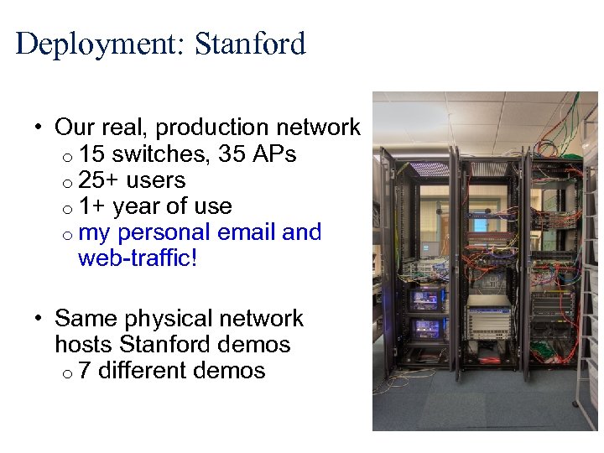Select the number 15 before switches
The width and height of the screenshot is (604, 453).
[92, 154]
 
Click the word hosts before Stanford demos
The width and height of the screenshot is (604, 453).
[84, 345]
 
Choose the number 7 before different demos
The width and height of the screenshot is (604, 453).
[85, 371]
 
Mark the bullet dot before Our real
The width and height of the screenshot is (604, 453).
[39, 129]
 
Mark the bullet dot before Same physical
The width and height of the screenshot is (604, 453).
[39, 320]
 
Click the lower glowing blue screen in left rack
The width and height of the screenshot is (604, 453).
[426, 326]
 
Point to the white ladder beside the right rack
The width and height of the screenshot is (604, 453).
[589, 352]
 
